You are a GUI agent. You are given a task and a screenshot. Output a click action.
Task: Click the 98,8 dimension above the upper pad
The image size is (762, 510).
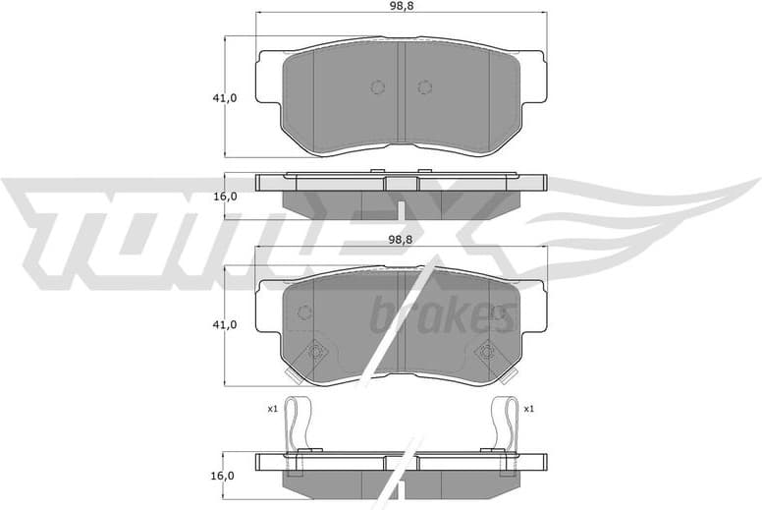pyautogui.click(x=399, y=6)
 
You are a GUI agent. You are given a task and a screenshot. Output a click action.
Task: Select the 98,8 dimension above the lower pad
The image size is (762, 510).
pyautogui.click(x=399, y=239)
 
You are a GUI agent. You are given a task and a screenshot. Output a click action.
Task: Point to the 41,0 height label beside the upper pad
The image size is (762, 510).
pyautogui.click(x=226, y=97)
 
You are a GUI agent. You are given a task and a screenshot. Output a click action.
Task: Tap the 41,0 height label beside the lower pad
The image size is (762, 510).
pyautogui.click(x=226, y=324)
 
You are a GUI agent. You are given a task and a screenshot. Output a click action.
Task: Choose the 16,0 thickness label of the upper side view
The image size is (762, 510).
pyautogui.click(x=226, y=196)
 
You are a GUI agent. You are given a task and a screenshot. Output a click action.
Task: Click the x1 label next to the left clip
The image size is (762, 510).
pyautogui.click(x=272, y=408)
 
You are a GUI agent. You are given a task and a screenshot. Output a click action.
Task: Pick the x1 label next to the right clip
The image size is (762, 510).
pyautogui.click(x=528, y=408)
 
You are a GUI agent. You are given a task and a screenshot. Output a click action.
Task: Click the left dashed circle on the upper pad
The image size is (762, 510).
pyautogui.click(x=378, y=87)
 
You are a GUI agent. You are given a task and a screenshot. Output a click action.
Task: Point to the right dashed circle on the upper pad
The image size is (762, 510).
pyautogui.click(x=424, y=87)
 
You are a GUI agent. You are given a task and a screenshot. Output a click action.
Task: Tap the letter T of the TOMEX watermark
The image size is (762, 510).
pyautogui.click(x=59, y=221)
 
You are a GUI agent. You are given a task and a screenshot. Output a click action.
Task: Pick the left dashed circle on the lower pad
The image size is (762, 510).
pyautogui.click(x=303, y=312)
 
